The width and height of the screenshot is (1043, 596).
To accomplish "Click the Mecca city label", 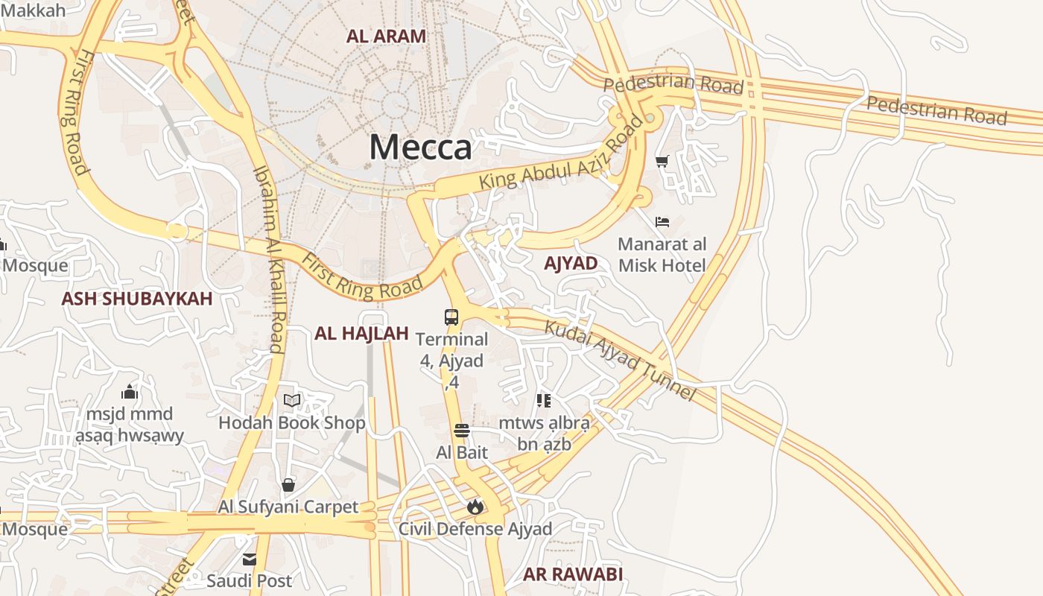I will click(420, 147).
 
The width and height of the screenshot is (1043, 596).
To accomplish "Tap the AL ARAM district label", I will click(386, 36).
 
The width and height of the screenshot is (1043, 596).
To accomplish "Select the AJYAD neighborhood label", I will click(571, 263).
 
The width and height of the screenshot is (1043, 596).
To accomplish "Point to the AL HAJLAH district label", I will click(361, 333).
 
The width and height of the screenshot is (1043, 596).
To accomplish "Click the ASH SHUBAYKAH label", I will click(137, 299).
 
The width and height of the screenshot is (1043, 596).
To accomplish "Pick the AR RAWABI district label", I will click(572, 574).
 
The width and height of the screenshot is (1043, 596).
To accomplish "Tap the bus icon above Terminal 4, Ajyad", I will click(451, 317).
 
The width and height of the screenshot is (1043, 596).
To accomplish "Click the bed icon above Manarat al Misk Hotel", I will click(662, 221).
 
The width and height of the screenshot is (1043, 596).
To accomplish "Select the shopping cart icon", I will click(662, 160).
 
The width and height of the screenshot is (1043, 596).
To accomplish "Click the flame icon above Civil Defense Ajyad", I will click(475, 507).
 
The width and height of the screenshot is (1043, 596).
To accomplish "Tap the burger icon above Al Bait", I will click(462, 431).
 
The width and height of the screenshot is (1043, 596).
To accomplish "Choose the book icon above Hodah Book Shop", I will click(292, 401).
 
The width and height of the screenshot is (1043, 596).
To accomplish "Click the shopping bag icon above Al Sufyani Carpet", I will click(288, 486).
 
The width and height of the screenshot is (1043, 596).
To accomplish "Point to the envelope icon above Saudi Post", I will click(249, 559).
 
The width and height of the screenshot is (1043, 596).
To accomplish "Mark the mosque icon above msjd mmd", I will click(130, 392).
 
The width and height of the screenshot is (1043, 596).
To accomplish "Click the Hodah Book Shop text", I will click(292, 423).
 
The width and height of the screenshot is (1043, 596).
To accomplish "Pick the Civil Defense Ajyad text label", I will click(475, 529).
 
